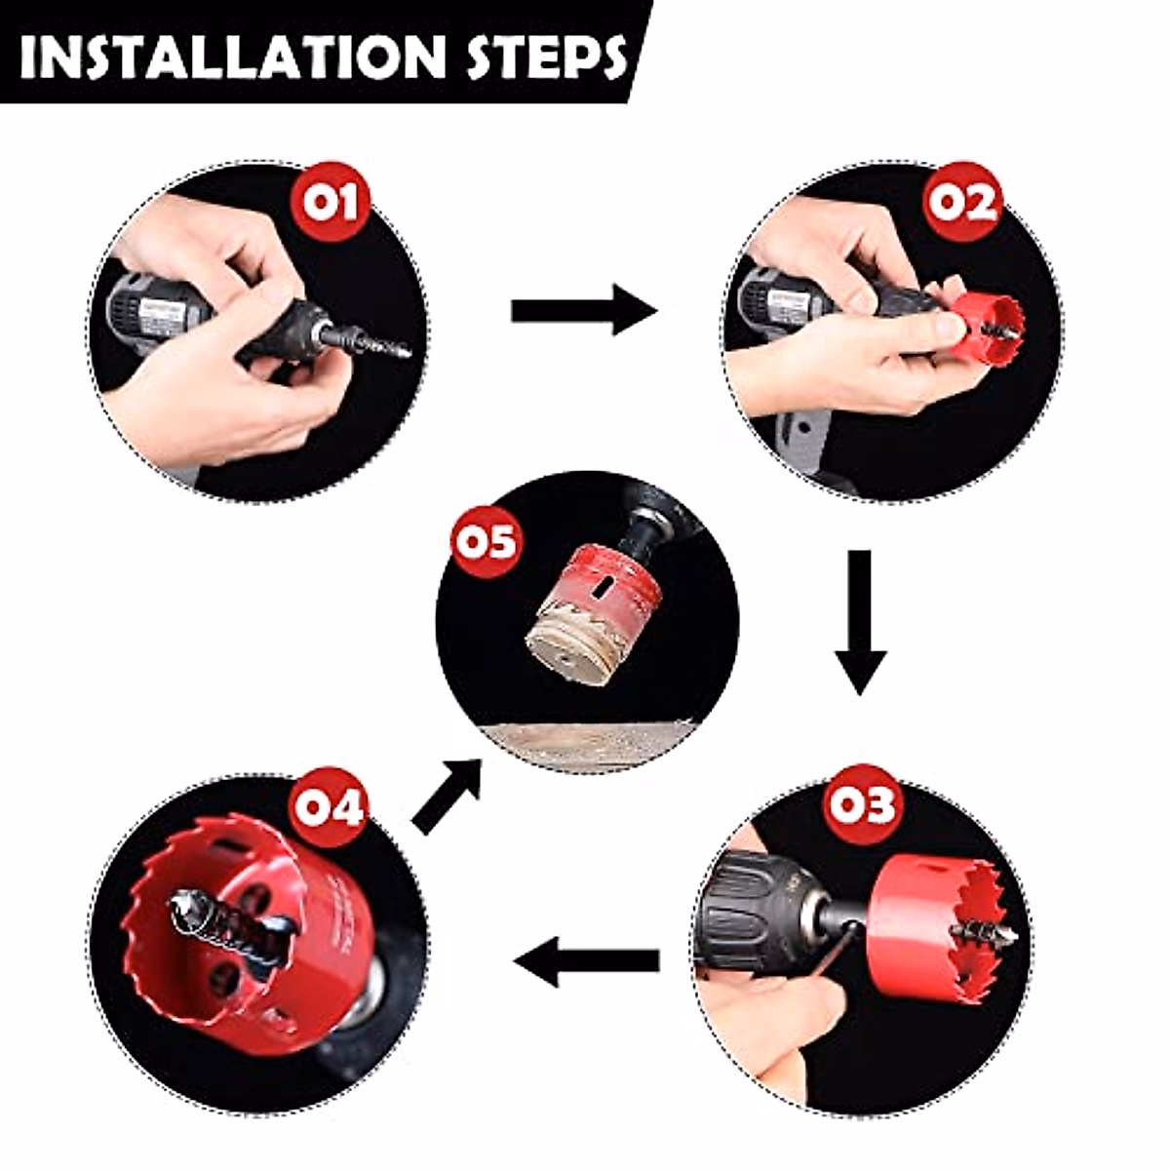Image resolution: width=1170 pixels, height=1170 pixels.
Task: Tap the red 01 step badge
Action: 332,203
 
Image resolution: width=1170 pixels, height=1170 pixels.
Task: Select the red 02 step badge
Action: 963,203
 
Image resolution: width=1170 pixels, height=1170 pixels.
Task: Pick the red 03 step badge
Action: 862,805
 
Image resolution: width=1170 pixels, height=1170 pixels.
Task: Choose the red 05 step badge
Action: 487,540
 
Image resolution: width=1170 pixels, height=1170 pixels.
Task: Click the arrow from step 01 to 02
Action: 583,311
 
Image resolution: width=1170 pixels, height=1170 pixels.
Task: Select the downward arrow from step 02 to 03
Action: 858,622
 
